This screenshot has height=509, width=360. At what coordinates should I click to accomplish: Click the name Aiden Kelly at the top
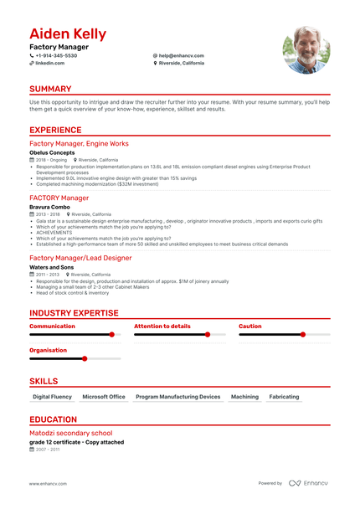pos(68,33)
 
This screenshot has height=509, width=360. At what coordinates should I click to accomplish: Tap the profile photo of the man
pos(306,49)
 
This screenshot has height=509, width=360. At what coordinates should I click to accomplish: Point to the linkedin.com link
pos(50,63)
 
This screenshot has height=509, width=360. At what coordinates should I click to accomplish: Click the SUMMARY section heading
pos(50,88)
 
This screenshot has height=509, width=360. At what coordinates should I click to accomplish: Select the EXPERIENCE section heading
pos(55,130)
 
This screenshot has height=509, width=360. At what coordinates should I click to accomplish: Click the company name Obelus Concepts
pos(52,152)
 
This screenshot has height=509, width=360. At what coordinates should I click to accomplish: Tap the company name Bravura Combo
pos(50,206)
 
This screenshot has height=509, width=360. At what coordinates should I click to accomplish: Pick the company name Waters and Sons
pos(51,267)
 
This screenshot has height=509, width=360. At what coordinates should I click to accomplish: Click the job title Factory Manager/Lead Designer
pos(80,258)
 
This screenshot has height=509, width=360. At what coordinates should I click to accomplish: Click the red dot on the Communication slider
pos(111,334)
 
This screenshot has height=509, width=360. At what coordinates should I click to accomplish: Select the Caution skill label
pos(250,326)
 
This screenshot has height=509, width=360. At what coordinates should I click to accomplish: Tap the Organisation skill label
pos(49,350)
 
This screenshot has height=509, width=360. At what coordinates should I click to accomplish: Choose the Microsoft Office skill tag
pos(104,396)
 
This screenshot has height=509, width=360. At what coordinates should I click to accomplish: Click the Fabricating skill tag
pos(284,396)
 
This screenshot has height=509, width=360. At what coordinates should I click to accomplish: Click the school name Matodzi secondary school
pos(70,433)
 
